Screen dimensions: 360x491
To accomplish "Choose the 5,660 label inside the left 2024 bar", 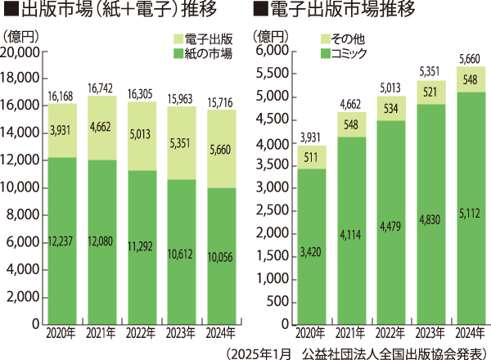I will [223, 150].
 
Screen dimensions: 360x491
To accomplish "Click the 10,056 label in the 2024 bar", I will [223, 258].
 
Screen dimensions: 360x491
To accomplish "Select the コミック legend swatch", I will [324, 53].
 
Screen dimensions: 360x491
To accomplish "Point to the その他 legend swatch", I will [324, 38].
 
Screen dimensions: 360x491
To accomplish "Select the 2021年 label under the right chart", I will [351, 334].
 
